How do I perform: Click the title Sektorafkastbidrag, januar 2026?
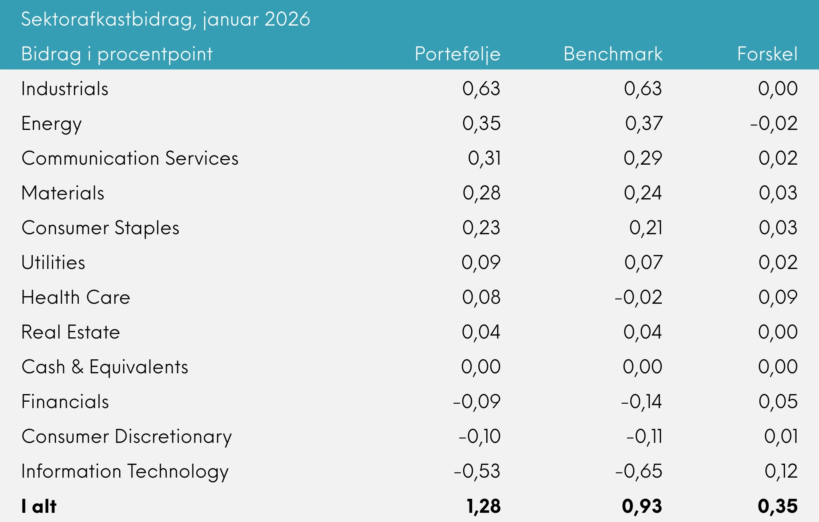165,19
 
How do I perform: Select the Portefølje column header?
457,54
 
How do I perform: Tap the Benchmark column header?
613,54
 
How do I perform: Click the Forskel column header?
767,54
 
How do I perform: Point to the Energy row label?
52,124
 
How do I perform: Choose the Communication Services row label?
130,158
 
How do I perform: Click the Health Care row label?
76,297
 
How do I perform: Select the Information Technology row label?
125,471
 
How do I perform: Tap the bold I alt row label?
39,506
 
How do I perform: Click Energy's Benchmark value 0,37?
644,124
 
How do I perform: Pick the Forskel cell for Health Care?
778,297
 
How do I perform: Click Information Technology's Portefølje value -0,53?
477,471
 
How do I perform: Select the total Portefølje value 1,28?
483,506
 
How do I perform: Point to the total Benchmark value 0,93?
642,506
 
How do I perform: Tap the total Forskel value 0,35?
777,506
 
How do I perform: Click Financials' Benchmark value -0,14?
641,402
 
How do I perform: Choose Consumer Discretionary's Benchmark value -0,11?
644,436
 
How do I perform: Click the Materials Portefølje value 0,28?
481,193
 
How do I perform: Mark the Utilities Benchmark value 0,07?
643,263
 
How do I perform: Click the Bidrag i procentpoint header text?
117,54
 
